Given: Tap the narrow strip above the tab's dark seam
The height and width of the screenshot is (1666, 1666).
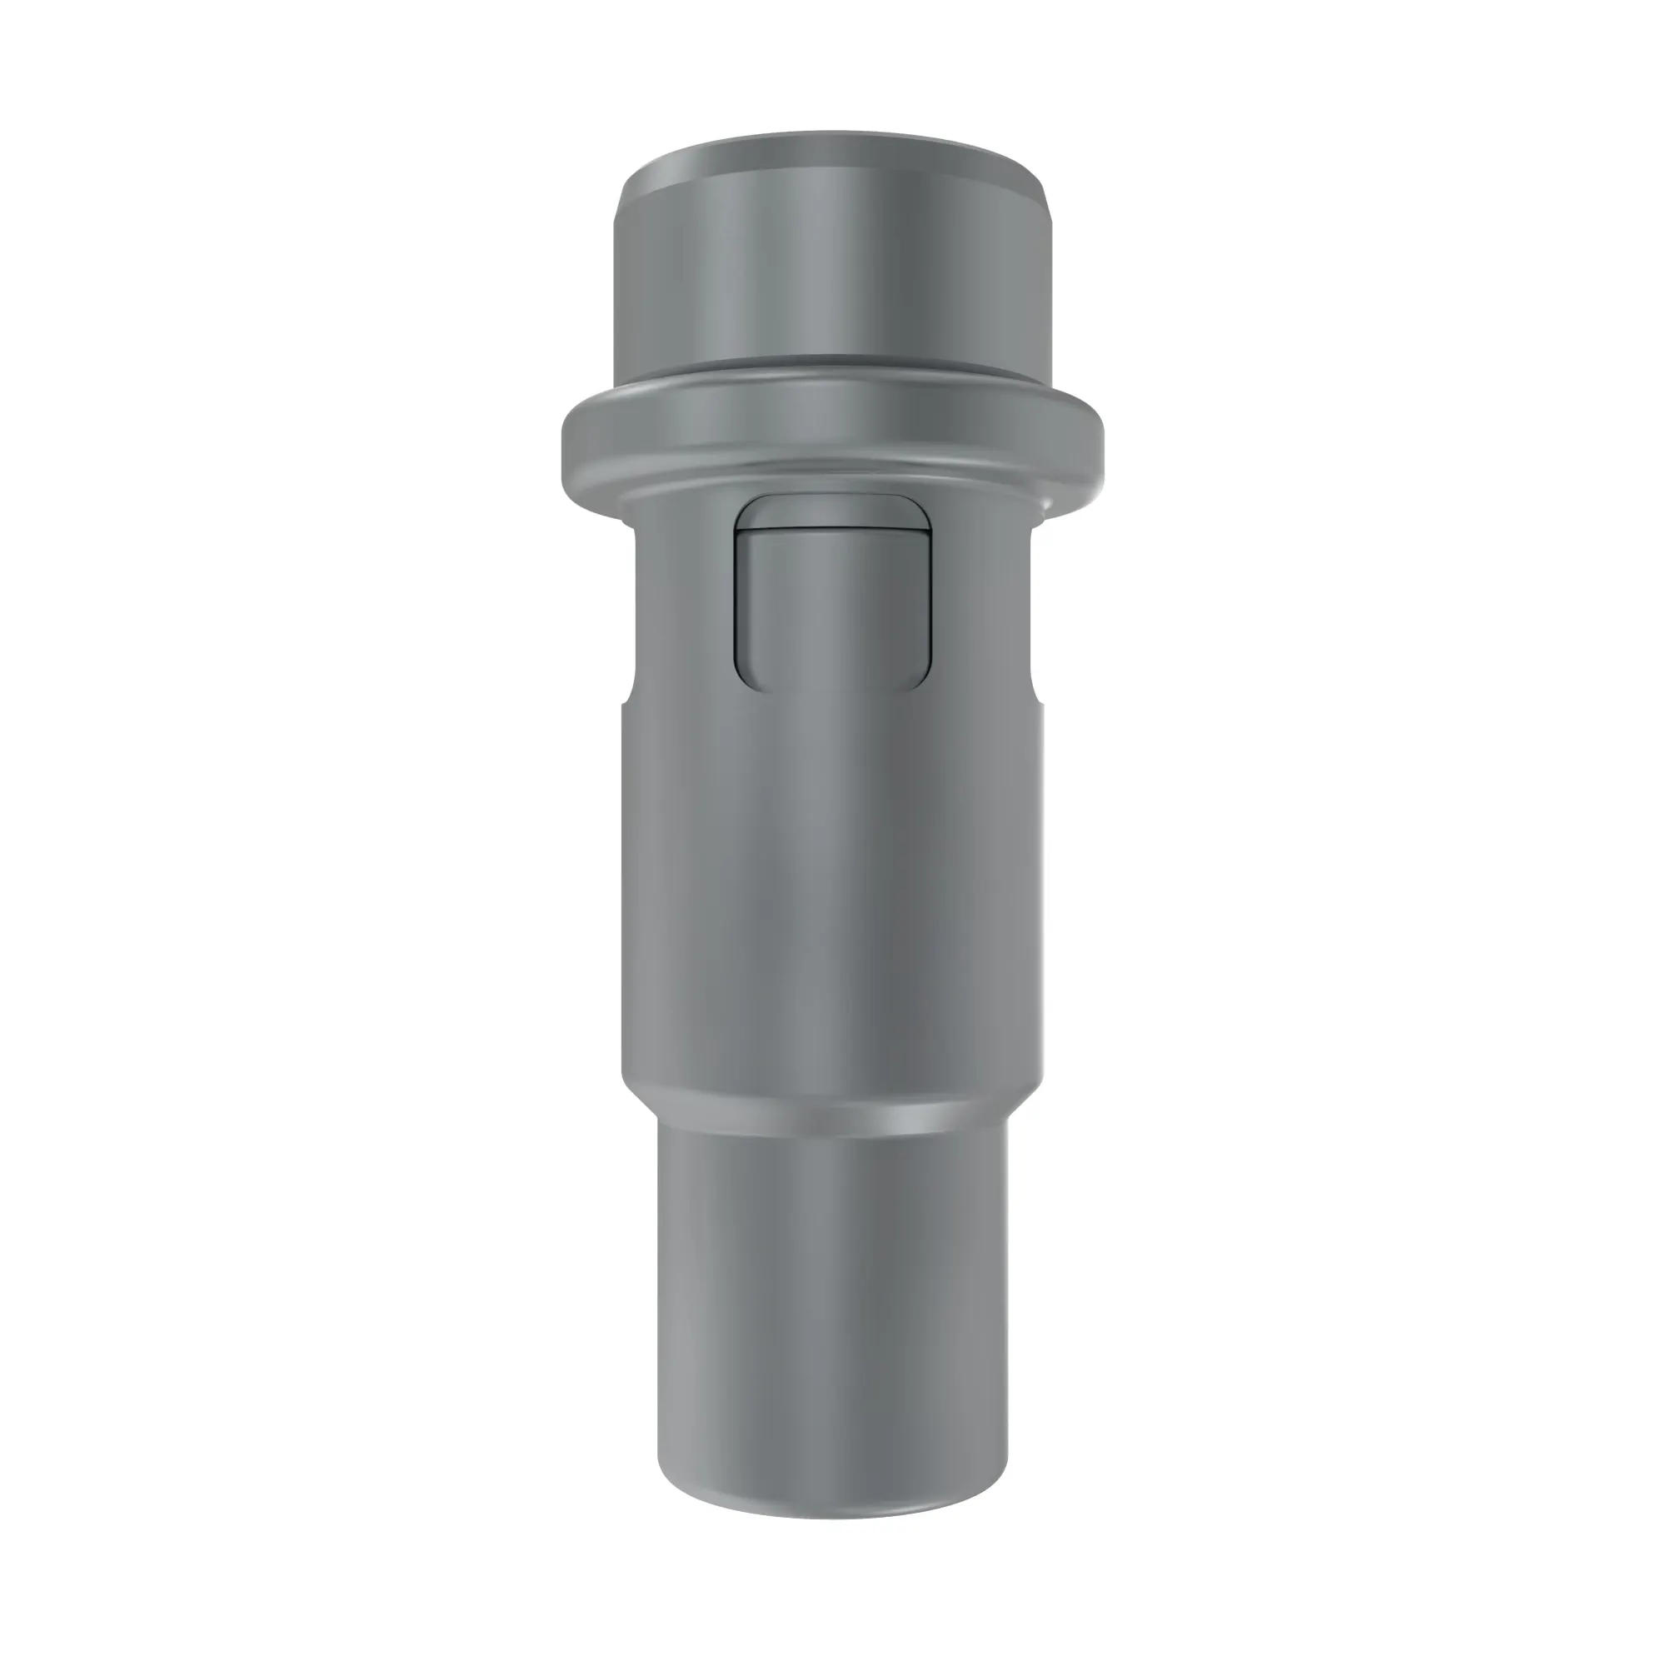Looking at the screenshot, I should (x=832, y=515).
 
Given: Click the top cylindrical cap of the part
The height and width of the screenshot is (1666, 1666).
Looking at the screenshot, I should (x=832, y=259).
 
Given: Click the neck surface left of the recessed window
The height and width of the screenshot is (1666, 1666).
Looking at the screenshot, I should (x=681, y=604).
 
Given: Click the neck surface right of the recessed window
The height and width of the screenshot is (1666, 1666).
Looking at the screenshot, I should (x=983, y=604).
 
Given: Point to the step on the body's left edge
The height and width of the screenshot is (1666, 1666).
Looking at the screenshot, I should (x=627, y=703).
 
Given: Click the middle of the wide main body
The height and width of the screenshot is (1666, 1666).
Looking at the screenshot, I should (x=832, y=888).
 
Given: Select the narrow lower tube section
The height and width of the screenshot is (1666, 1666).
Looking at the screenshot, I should (x=832, y=1294).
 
